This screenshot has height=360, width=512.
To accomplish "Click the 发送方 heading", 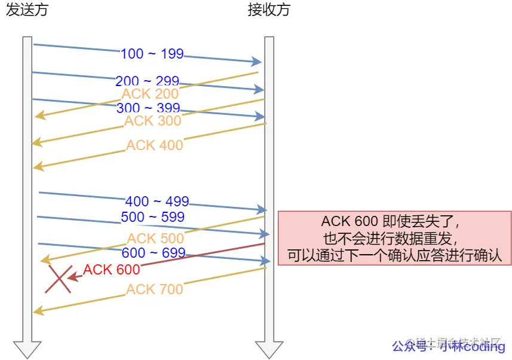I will coord(27,10).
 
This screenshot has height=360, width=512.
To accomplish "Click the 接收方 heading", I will coord(269,10).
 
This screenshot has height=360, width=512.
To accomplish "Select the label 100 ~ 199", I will coord(152,54).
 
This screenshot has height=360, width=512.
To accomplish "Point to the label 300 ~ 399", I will coord(149,108).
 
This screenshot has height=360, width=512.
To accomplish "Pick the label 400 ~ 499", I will coord(157,202).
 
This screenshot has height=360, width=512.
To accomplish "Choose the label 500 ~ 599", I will coord(153,216).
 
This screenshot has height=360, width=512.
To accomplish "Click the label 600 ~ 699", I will coord(154,253).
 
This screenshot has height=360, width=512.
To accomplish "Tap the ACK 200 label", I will coord(150,94).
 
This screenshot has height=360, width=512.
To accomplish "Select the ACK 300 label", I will coord(152,121).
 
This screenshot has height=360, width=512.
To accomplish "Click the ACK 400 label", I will coord(155,145).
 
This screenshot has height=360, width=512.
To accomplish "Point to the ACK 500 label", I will coord(155,239).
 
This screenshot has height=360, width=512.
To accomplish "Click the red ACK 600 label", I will coord(112,270).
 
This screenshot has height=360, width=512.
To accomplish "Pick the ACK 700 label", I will coord(155,289).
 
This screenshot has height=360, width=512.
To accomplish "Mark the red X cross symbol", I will coord(58,279).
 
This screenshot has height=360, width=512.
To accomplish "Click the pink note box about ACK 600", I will coord(395,238).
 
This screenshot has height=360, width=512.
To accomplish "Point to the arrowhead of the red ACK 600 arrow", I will coord(72,277).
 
